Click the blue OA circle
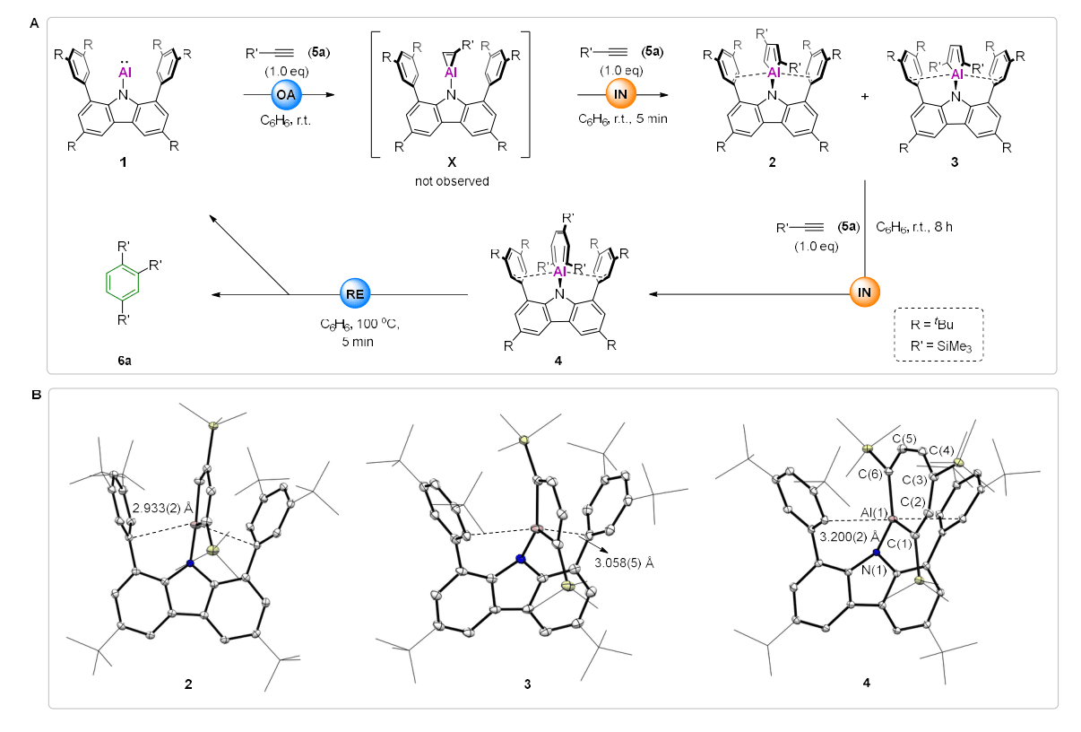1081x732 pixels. tap(289, 94)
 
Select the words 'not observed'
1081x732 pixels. tap(451, 180)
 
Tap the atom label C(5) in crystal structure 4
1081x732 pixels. tap(904, 439)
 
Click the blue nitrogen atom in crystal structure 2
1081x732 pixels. tap(190, 563)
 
